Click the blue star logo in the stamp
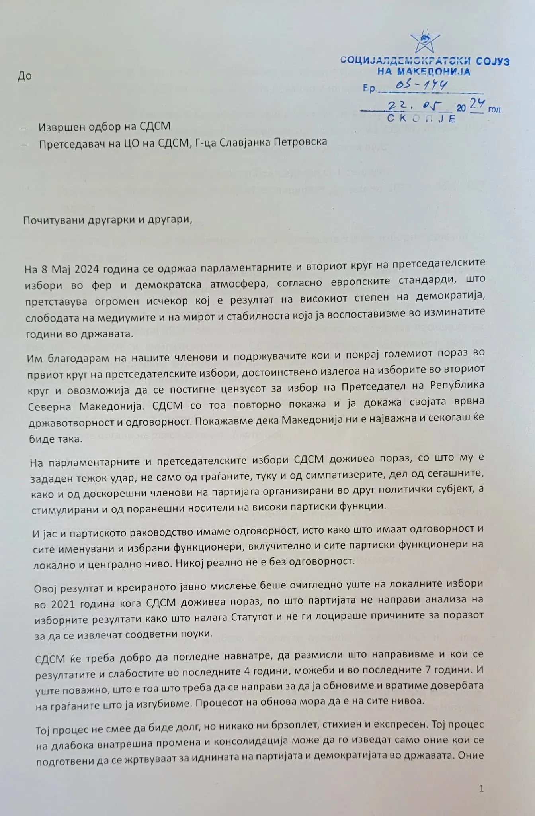[x=425, y=41]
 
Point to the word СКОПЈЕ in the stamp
[x=421, y=119]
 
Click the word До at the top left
[x=25, y=76]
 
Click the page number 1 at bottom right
[x=482, y=788]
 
